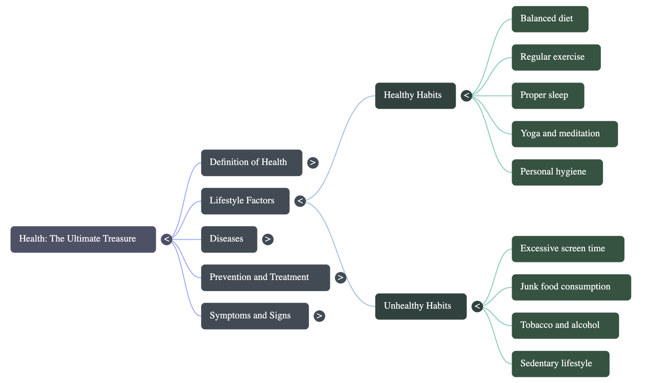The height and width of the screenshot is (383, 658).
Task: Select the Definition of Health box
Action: (251, 163)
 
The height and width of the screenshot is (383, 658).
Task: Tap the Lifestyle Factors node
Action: (245, 201)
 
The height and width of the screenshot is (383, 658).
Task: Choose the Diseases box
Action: (229, 239)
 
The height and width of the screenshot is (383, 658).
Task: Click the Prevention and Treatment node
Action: (265, 278)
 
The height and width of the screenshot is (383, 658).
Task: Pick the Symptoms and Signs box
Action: (255, 316)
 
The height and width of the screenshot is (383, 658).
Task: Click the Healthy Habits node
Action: (415, 96)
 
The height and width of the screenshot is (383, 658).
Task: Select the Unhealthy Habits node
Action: (420, 306)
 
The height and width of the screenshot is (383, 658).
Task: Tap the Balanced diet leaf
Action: (550, 19)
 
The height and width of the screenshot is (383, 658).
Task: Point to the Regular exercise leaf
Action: (556, 57)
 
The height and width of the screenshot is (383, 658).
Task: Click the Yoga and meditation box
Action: (564, 134)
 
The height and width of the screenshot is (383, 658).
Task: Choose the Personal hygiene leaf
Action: (557, 172)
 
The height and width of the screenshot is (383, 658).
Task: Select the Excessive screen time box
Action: (568, 249)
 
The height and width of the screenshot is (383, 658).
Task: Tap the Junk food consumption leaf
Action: (571, 287)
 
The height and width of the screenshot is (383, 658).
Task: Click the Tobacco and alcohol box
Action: (565, 326)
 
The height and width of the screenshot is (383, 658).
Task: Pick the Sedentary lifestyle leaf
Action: (560, 364)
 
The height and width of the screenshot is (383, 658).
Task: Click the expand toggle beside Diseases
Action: (268, 239)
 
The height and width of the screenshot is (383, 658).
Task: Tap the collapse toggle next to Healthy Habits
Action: (466, 96)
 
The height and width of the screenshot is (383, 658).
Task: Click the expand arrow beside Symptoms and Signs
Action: (319, 316)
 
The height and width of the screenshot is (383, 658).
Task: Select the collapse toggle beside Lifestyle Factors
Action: (300, 201)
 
